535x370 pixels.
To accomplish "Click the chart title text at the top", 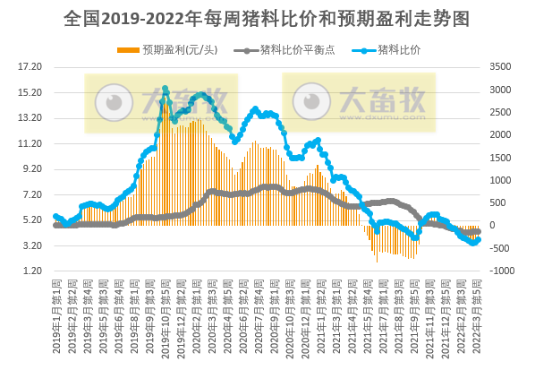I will pos(267,18).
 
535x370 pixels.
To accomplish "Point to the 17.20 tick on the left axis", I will pos(30,66).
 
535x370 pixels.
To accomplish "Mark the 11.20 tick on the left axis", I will pos(30,143).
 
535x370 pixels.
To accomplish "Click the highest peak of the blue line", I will pos(165,89).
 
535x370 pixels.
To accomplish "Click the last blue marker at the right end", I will pos(479,239).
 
